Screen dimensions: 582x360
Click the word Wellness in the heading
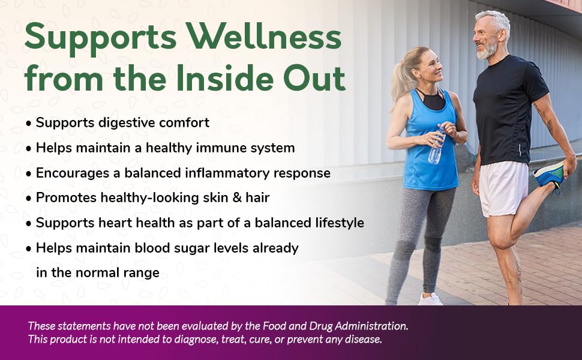click(263, 37)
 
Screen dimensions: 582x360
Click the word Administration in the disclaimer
click(371, 326)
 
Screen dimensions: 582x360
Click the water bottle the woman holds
click(437, 145)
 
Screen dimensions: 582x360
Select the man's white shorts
click(503, 188)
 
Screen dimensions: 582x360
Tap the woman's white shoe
click(430, 299)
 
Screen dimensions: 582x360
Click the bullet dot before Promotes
click(29, 199)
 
